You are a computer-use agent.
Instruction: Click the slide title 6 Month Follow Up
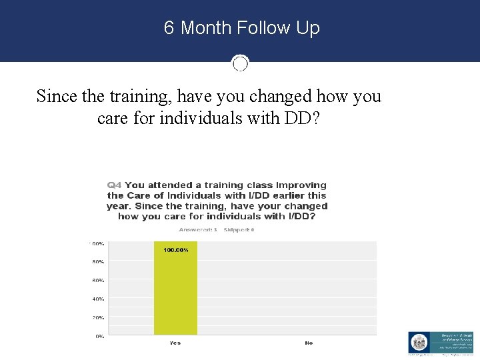(x=241, y=28)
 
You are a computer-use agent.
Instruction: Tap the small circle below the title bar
(x=240, y=63)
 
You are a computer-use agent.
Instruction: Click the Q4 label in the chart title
(x=115, y=185)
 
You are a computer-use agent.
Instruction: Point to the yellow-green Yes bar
(x=175, y=293)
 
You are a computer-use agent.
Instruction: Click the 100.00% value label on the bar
(x=176, y=250)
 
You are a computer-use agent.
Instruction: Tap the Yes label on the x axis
(x=175, y=343)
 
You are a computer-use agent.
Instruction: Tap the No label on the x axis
(x=309, y=343)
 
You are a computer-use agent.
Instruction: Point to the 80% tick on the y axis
(x=98, y=262)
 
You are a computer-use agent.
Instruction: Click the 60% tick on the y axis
(x=98, y=281)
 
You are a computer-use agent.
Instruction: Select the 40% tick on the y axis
(x=98, y=299)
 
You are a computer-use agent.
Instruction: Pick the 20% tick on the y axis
(x=98, y=318)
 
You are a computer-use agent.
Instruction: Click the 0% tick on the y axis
(x=99, y=337)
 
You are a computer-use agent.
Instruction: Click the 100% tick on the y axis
(x=97, y=243)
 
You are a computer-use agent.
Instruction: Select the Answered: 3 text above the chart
(x=199, y=229)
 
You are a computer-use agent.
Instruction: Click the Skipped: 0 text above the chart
(x=239, y=229)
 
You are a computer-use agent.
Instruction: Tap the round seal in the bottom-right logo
(x=420, y=343)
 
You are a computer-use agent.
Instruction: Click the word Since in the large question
(x=57, y=96)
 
